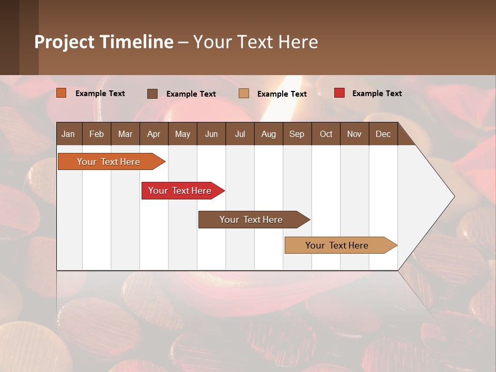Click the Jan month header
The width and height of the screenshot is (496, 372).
pyautogui.click(x=69, y=134)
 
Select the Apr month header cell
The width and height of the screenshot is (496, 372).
pyautogui.click(x=154, y=134)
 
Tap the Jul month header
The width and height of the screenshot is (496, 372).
pyautogui.click(x=240, y=134)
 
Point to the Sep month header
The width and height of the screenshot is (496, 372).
pyautogui.click(x=297, y=134)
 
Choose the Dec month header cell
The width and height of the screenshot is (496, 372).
pyautogui.click(x=383, y=134)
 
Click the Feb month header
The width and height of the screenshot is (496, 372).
pyautogui.click(x=97, y=134)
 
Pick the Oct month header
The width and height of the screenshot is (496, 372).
pyautogui.click(x=326, y=134)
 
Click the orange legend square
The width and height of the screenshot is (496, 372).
pyautogui.click(x=61, y=93)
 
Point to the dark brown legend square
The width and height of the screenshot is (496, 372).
pyautogui.click(x=152, y=94)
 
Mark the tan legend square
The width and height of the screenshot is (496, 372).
pyautogui.click(x=244, y=94)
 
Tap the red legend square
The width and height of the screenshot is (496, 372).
pyautogui.click(x=339, y=93)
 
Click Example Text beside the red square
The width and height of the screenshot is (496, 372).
pyautogui.click(x=377, y=94)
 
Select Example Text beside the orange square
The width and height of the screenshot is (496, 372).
pyautogui.click(x=100, y=94)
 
